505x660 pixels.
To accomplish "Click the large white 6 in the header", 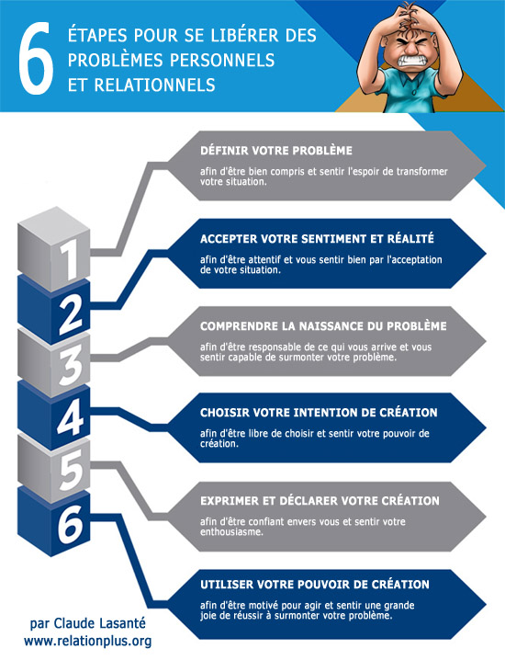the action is (37, 58).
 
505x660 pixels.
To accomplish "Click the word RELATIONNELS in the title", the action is (155, 85).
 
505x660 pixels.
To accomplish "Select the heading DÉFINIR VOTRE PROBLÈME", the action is (276, 151).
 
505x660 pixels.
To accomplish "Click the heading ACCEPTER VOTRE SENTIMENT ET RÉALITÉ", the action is (317, 239).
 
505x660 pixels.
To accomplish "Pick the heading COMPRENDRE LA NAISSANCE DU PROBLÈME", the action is (323, 326).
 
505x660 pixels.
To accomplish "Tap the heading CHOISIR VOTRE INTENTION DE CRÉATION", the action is (319, 413).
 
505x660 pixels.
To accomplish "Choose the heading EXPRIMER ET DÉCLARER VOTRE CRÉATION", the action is (320, 500).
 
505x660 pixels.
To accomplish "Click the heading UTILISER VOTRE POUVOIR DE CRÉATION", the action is (315, 585).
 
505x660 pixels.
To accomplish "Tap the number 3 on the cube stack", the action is (70, 366).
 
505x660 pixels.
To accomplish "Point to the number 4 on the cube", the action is (70, 417).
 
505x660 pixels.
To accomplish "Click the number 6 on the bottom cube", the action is (70, 523).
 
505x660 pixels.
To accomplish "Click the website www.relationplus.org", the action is (87, 641).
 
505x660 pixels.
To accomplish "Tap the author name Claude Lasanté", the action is (100, 623).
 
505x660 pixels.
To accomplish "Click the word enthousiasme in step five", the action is (231, 532).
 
